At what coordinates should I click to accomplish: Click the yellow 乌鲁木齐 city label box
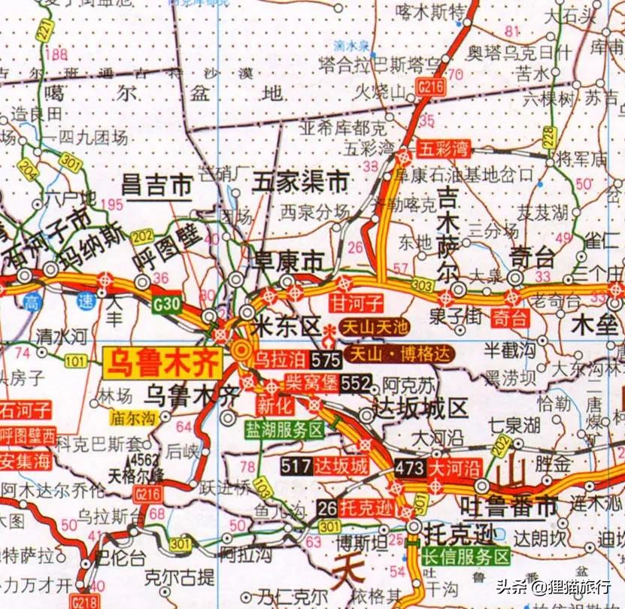pyautogui.click(x=162, y=362)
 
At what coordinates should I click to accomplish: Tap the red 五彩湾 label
pyautogui.click(x=443, y=148)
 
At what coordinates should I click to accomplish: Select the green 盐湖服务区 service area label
pyautogui.click(x=284, y=430)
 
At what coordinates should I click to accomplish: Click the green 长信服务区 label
pyautogui.click(x=466, y=557)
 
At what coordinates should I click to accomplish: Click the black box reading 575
pyautogui.click(x=327, y=359)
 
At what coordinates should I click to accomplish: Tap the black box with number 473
pyautogui.click(x=410, y=468)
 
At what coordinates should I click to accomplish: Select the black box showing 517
pyautogui.click(x=297, y=466)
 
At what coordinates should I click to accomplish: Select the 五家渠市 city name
pyautogui.click(x=301, y=181)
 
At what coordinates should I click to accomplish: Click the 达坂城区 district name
pyautogui.click(x=420, y=409)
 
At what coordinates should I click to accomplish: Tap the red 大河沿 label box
pyautogui.click(x=455, y=468)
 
